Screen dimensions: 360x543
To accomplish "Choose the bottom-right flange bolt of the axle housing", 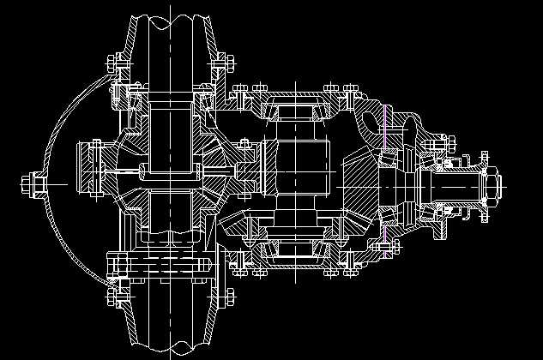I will pyautogui.click(x=230, y=296).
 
